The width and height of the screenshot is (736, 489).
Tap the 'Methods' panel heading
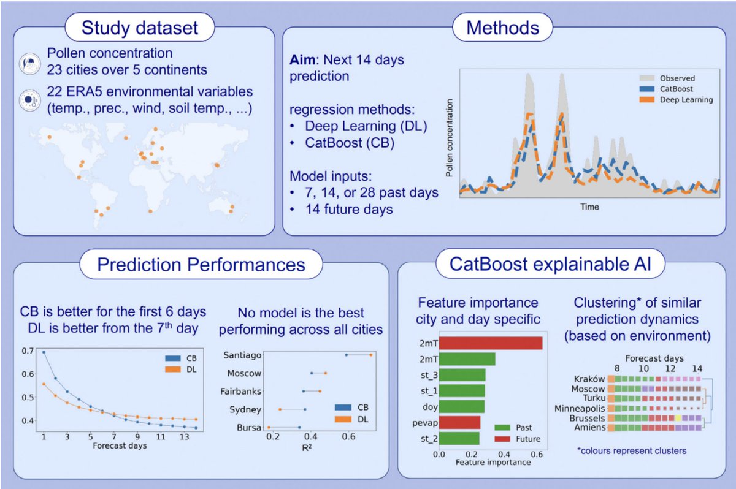coord(503,28)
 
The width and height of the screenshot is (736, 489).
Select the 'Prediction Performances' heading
coord(201,265)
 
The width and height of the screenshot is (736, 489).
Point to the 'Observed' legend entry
coord(677,78)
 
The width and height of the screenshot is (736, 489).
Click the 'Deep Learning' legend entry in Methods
coord(686,100)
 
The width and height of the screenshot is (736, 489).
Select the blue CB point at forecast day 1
coord(44,352)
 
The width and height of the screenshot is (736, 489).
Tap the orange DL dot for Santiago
coord(371,355)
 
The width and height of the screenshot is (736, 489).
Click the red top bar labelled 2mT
coord(490,343)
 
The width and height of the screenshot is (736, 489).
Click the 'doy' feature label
coord(429,406)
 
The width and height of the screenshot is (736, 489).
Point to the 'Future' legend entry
coord(528,438)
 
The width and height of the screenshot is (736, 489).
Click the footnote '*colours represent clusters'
coord(632,451)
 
